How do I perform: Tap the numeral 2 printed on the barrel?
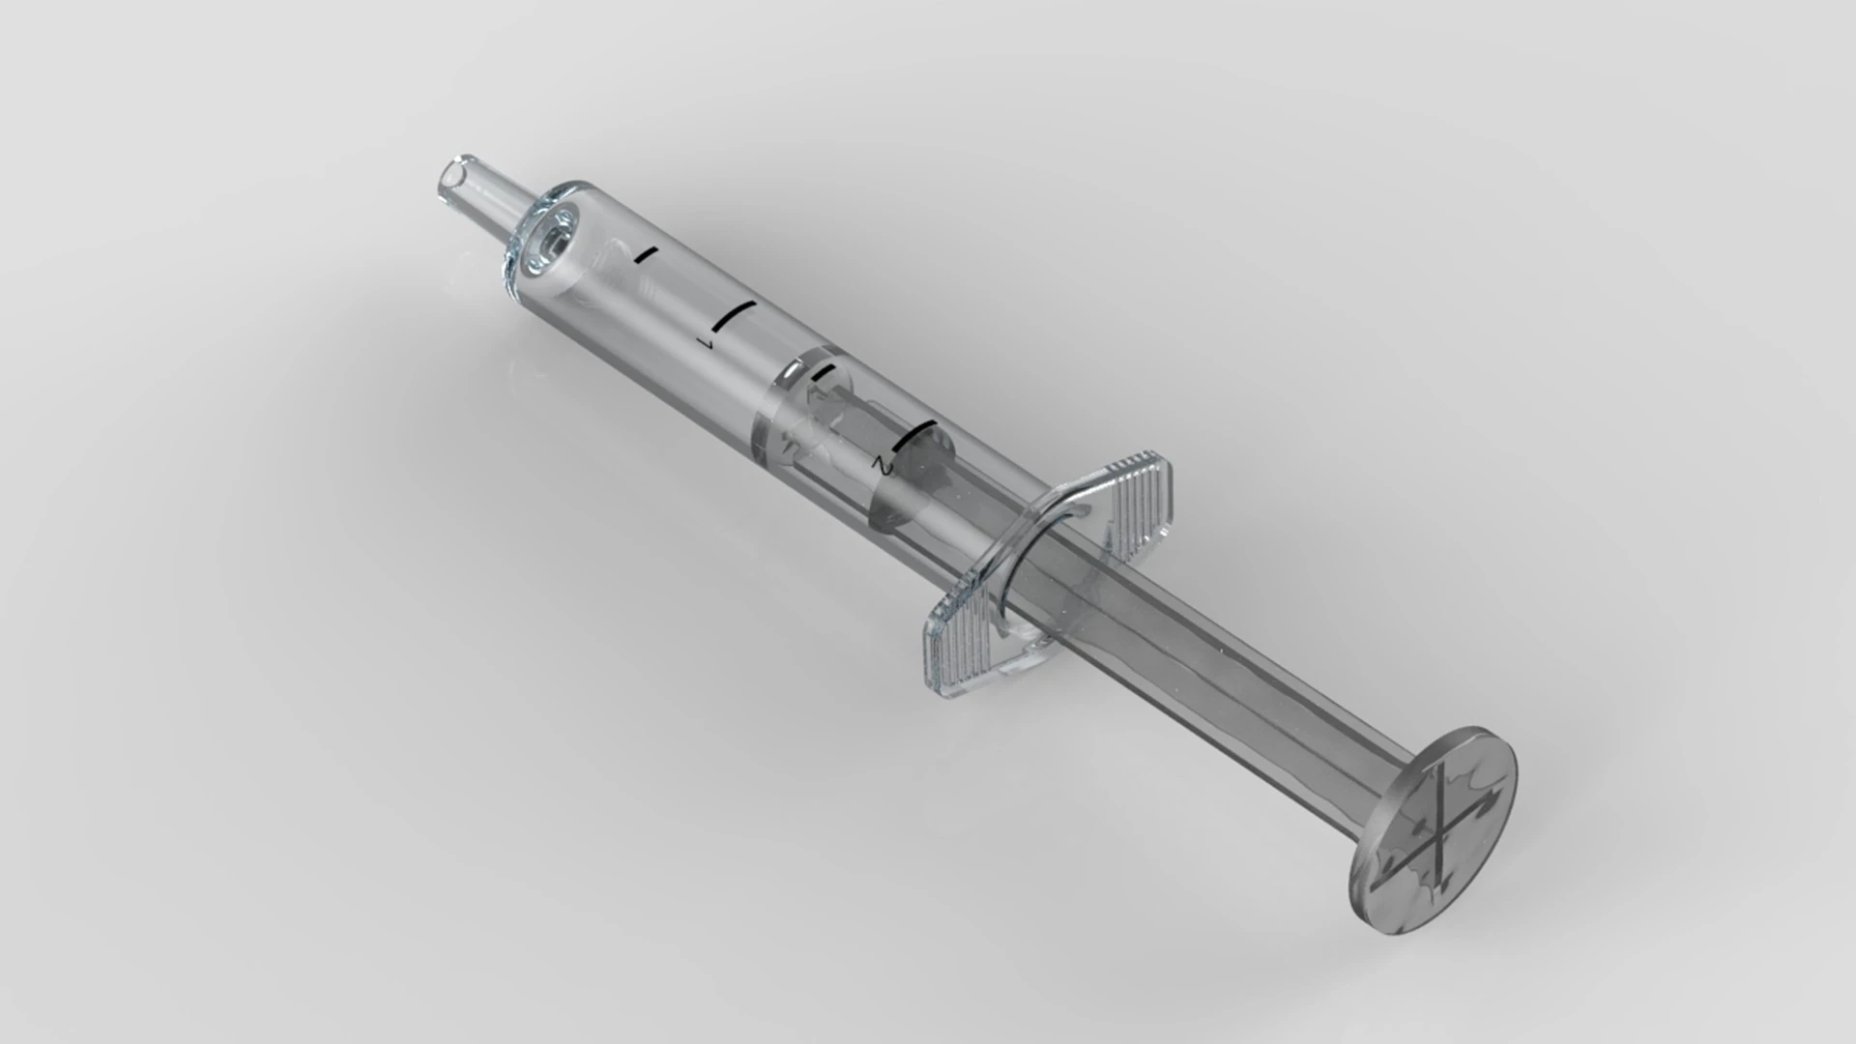[879, 466]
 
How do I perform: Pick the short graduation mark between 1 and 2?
[823, 373]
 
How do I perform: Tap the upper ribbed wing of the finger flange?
[1141, 493]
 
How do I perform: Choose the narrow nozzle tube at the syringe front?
[478, 193]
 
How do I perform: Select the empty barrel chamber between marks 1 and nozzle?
[619, 290]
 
